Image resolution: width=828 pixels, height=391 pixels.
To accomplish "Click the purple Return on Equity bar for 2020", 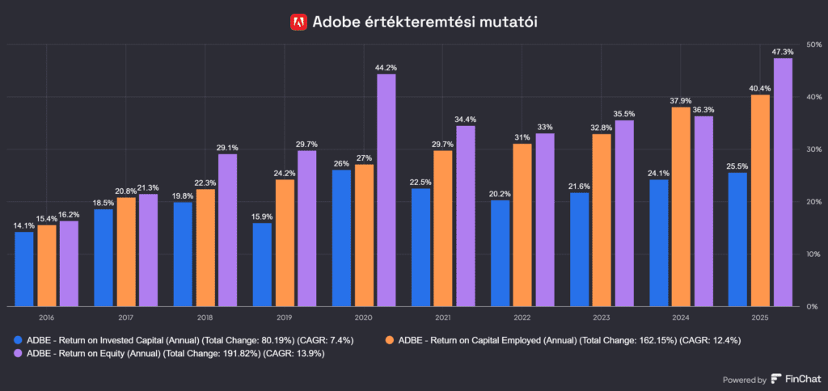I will (387, 190).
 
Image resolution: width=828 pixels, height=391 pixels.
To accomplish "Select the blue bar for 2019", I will (262, 264).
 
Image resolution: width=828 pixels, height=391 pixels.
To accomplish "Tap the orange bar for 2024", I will (681, 207).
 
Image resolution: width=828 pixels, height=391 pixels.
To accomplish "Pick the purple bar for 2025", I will (783, 182).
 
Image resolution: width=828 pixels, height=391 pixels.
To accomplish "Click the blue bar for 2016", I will (24, 269).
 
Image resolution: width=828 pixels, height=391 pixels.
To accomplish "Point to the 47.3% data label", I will (783, 52).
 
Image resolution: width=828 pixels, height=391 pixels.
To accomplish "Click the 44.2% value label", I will (387, 68).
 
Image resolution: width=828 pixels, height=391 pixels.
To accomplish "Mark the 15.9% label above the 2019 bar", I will (262, 217).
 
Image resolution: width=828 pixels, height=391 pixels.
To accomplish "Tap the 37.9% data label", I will (681, 101).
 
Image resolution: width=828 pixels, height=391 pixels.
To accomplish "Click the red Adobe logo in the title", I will (298, 22).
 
